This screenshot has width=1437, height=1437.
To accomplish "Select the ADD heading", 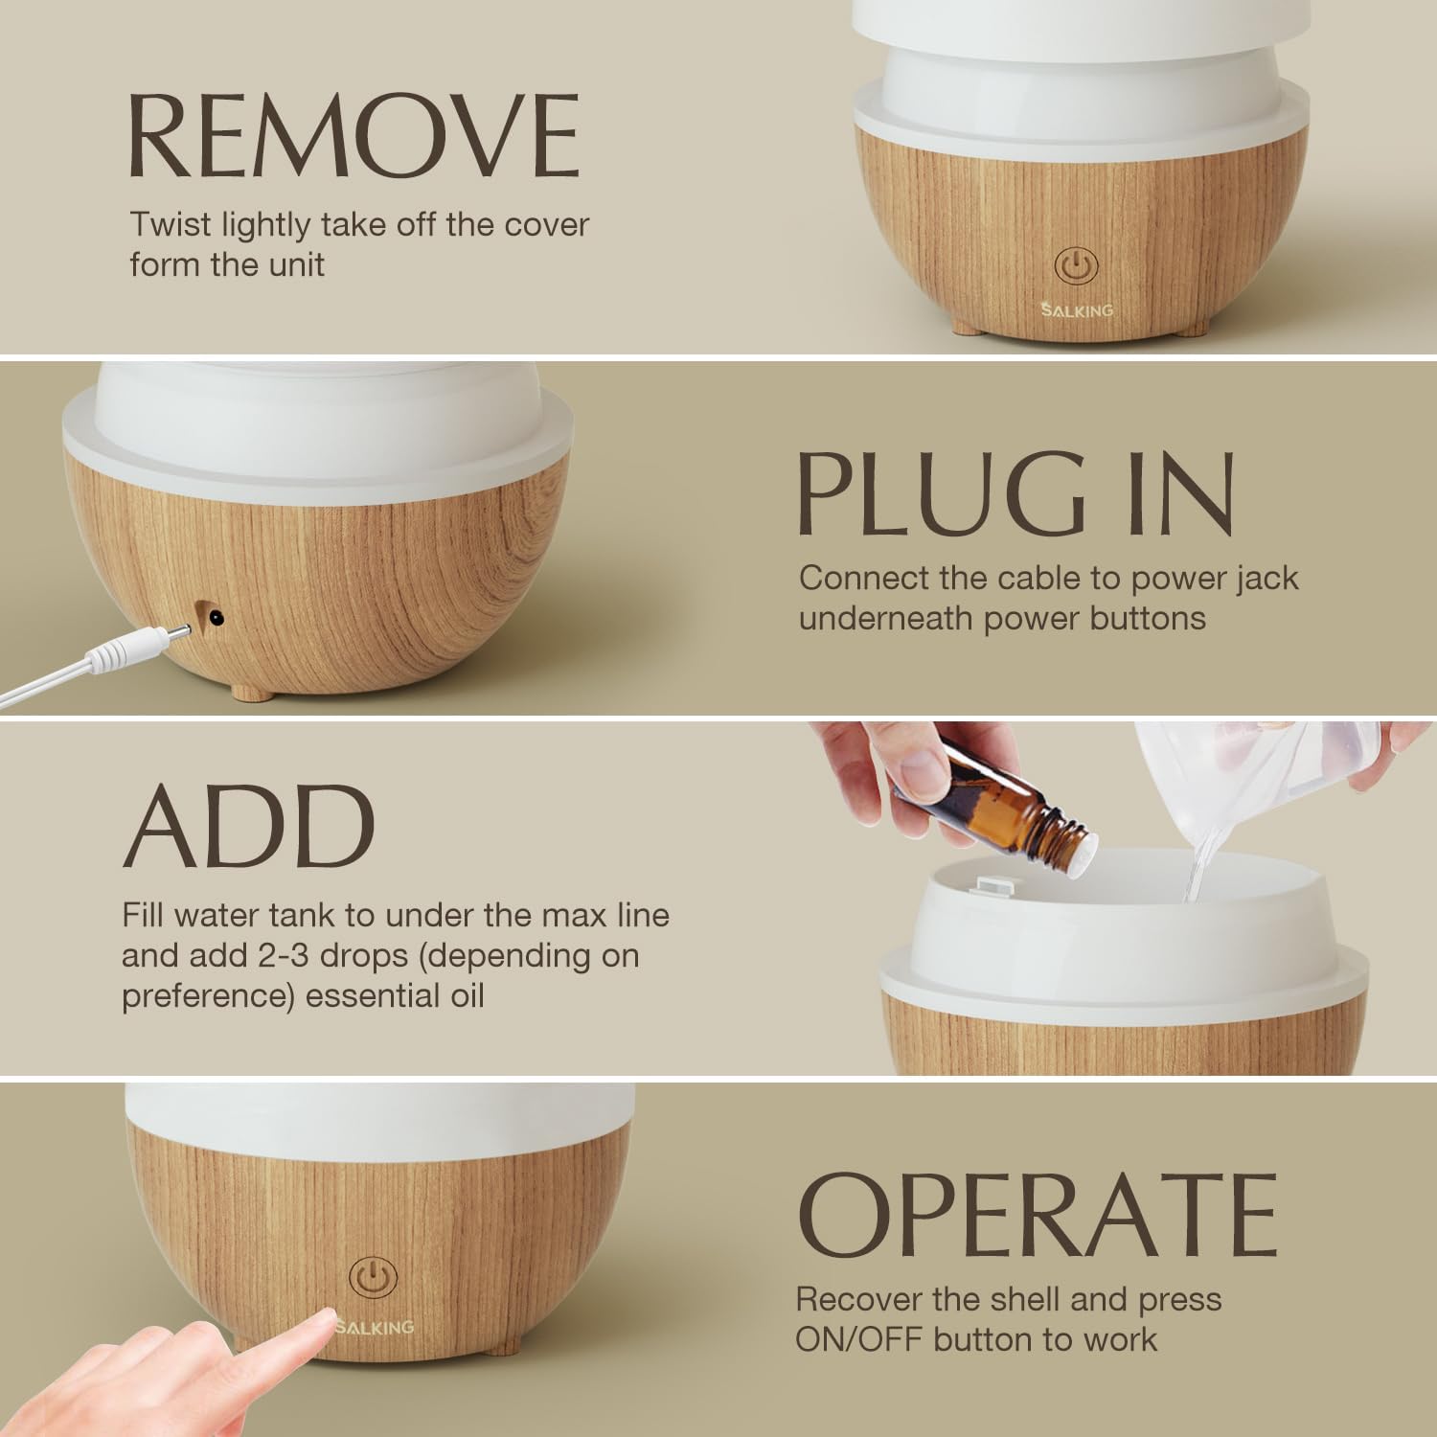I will pyautogui.click(x=248, y=826).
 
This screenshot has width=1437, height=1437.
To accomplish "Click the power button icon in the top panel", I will pyautogui.click(x=1075, y=266).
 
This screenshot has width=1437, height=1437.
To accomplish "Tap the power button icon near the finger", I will pyautogui.click(x=373, y=1278).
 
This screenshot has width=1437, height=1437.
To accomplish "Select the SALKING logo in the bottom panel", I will pyautogui.click(x=376, y=1326).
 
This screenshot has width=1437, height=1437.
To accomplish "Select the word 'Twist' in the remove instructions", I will pyautogui.click(x=171, y=225).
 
